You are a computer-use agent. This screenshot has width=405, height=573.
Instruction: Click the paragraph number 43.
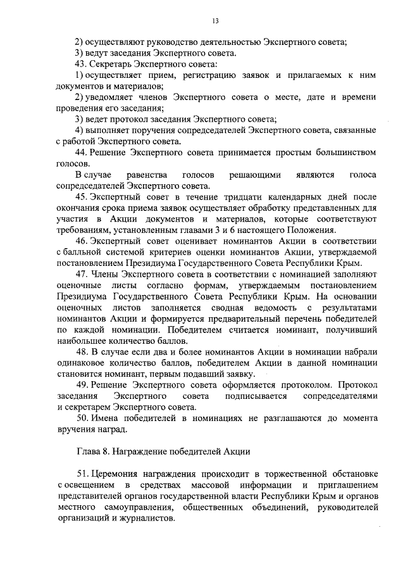[x=80, y=65]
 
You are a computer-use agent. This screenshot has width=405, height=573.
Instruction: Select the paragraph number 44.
[x=80, y=152]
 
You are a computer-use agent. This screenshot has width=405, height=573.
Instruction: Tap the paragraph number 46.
[x=80, y=241]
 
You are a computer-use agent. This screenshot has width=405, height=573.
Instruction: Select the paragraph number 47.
[x=80, y=274]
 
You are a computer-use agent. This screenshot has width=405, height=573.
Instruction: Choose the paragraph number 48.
[x=80, y=351]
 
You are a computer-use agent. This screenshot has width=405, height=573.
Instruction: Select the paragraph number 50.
[x=80, y=418]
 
